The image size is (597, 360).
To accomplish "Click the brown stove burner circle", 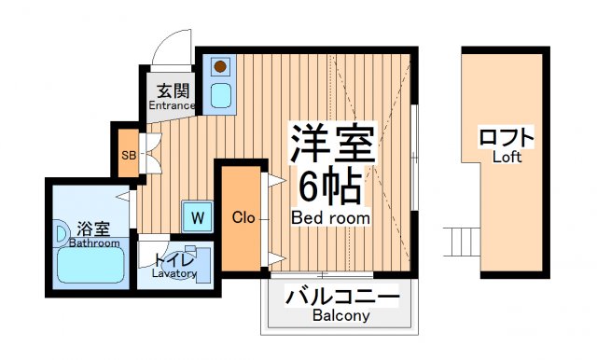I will (221, 66).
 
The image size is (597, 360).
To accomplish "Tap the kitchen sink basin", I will (221, 94).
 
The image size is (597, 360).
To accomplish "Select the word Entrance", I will (172, 106).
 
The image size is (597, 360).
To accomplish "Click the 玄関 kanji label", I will (172, 90).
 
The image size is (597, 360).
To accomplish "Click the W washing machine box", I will (197, 217).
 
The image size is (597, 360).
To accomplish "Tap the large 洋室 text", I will (331, 145).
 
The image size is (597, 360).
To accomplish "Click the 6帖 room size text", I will (330, 188).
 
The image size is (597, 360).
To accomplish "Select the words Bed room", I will (330, 218).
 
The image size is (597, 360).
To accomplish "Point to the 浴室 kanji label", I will (94, 228).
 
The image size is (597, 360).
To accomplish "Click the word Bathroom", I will (94, 243).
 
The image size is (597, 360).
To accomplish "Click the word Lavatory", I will (174, 274).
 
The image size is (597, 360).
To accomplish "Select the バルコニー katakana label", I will (341, 298).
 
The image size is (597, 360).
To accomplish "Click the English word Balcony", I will (341, 316).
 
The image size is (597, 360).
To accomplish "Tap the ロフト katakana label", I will (507, 138).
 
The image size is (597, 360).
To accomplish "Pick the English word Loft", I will (507, 157).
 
